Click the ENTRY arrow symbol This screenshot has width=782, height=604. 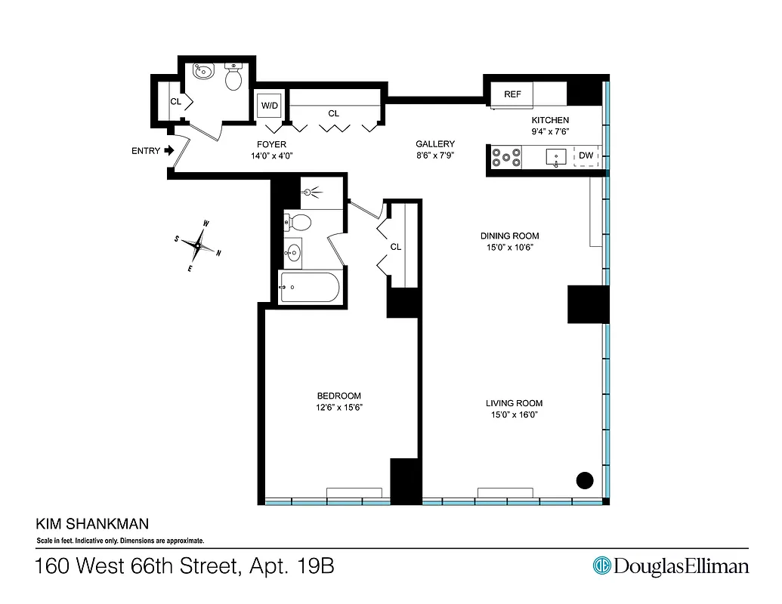click(169, 150)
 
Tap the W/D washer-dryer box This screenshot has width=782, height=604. click(269, 106)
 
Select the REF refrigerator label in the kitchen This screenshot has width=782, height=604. click(513, 94)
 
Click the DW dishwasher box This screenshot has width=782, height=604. click(586, 156)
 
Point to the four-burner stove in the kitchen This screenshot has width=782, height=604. click(506, 157)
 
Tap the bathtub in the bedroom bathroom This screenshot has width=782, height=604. click(311, 287)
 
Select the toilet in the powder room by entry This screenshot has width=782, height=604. click(233, 75)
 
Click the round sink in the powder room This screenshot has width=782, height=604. click(203, 72)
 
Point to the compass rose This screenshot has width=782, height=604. click(199, 245)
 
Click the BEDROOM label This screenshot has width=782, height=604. click(338, 396)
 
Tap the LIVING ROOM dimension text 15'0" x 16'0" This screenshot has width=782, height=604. click(514, 414)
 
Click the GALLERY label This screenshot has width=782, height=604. click(434, 144)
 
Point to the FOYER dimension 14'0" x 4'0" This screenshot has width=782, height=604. click(270, 156)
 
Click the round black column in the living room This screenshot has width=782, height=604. click(585, 479)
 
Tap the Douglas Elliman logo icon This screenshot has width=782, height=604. click(601, 565)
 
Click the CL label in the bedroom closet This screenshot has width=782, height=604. click(395, 247)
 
